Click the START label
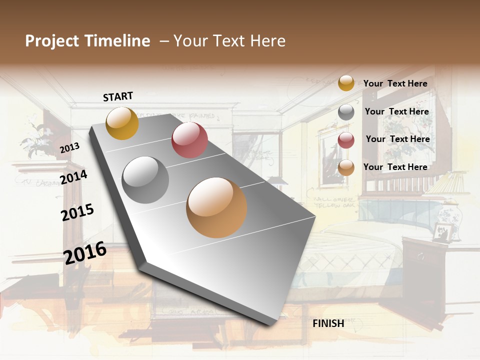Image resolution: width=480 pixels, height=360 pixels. tap(118, 96)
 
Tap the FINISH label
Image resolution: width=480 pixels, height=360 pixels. tap(328, 323)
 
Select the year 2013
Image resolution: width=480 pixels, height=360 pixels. tap(69, 147)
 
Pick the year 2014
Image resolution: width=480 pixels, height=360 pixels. tap(73, 177)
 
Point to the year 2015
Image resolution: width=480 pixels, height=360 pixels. tap(77, 212)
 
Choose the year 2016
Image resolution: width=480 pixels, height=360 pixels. tap(85, 252)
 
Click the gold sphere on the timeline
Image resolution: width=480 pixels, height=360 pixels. tap(122, 123)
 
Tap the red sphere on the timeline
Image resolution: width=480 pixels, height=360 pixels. tap(189, 140)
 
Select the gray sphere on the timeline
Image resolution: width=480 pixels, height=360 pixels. tap(145, 179)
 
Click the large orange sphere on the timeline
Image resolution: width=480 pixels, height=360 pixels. tap(216, 207)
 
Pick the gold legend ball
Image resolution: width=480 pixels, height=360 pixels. tap(346, 83)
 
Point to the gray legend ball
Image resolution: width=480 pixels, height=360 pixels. tap(346, 112)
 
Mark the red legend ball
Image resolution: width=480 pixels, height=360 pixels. tap(346, 140)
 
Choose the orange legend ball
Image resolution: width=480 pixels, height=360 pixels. tap(346, 167)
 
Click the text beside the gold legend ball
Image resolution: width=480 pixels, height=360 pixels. tap(395, 83)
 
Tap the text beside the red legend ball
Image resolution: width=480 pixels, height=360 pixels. tap(397, 139)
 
